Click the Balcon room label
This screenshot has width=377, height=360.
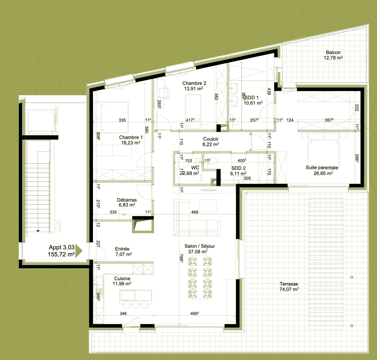tap(333, 53)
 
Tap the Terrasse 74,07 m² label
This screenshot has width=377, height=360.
tap(289, 286)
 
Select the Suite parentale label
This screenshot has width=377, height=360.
tap(322, 168)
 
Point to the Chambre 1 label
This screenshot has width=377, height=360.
tap(131, 137)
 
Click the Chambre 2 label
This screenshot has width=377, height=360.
tap(194, 83)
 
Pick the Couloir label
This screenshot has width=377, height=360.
tap(211, 139)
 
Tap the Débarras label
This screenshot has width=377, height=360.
tap(127, 200)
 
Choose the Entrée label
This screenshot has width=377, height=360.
tap(122, 249)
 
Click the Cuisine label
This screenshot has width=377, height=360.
tap(122, 278)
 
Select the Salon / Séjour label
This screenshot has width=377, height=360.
tap(200, 246)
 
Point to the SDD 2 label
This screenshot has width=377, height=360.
tap(238, 168)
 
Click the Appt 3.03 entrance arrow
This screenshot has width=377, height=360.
tap(79, 251)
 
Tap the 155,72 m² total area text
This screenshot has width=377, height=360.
tap(61, 254)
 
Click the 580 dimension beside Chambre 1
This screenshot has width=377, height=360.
tap(147, 130)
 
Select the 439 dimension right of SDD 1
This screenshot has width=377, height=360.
tap(269, 91)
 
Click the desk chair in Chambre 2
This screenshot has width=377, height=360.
tap(165, 92)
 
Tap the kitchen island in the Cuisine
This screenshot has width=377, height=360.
tap(136, 296)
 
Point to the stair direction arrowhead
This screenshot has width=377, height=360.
tap(38, 231)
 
